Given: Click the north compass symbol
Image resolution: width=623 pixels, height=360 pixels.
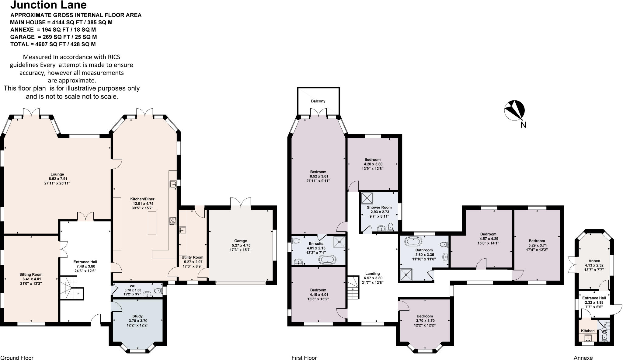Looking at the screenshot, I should (514, 110).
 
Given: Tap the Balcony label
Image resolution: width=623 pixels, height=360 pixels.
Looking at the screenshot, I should (318, 101).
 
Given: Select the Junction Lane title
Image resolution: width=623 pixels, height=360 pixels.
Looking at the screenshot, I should (49, 5).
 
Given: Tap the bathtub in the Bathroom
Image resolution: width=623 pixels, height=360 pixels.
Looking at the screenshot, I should (413, 242).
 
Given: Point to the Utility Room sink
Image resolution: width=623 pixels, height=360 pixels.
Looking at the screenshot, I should (183, 230).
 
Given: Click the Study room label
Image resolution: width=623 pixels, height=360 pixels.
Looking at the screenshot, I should (137, 316).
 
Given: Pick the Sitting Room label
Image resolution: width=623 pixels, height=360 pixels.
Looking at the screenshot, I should (31, 274).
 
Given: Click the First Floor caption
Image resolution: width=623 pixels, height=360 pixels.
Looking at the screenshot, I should (304, 358).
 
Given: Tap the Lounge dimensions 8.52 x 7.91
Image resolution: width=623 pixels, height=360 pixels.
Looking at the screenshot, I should (57, 179).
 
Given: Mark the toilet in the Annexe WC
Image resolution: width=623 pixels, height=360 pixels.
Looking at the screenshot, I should (605, 337).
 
